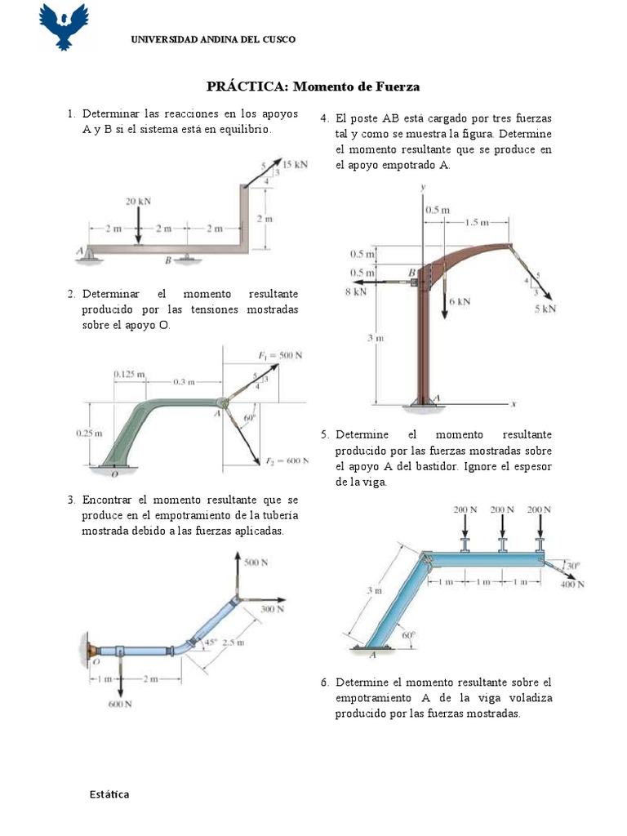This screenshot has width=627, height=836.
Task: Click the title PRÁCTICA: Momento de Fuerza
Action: coord(313,86)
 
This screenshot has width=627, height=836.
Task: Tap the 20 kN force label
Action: coord(138,201)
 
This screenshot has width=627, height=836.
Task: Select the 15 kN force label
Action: coord(295,164)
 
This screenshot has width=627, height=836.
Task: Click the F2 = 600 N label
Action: coord(286,460)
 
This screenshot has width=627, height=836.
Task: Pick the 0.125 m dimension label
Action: coord(129,374)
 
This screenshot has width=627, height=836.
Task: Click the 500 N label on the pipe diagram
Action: coord(256,563)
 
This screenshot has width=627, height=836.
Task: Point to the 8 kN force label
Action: coord(356,291)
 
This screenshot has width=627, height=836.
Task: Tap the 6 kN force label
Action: coord(460,300)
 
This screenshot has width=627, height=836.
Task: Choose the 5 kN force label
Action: coord(545,309)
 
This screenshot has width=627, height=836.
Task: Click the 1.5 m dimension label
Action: coord(478,222)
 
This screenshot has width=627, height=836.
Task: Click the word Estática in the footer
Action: coord(109,794)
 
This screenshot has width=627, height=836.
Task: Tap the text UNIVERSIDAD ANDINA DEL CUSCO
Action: coord(214,39)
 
